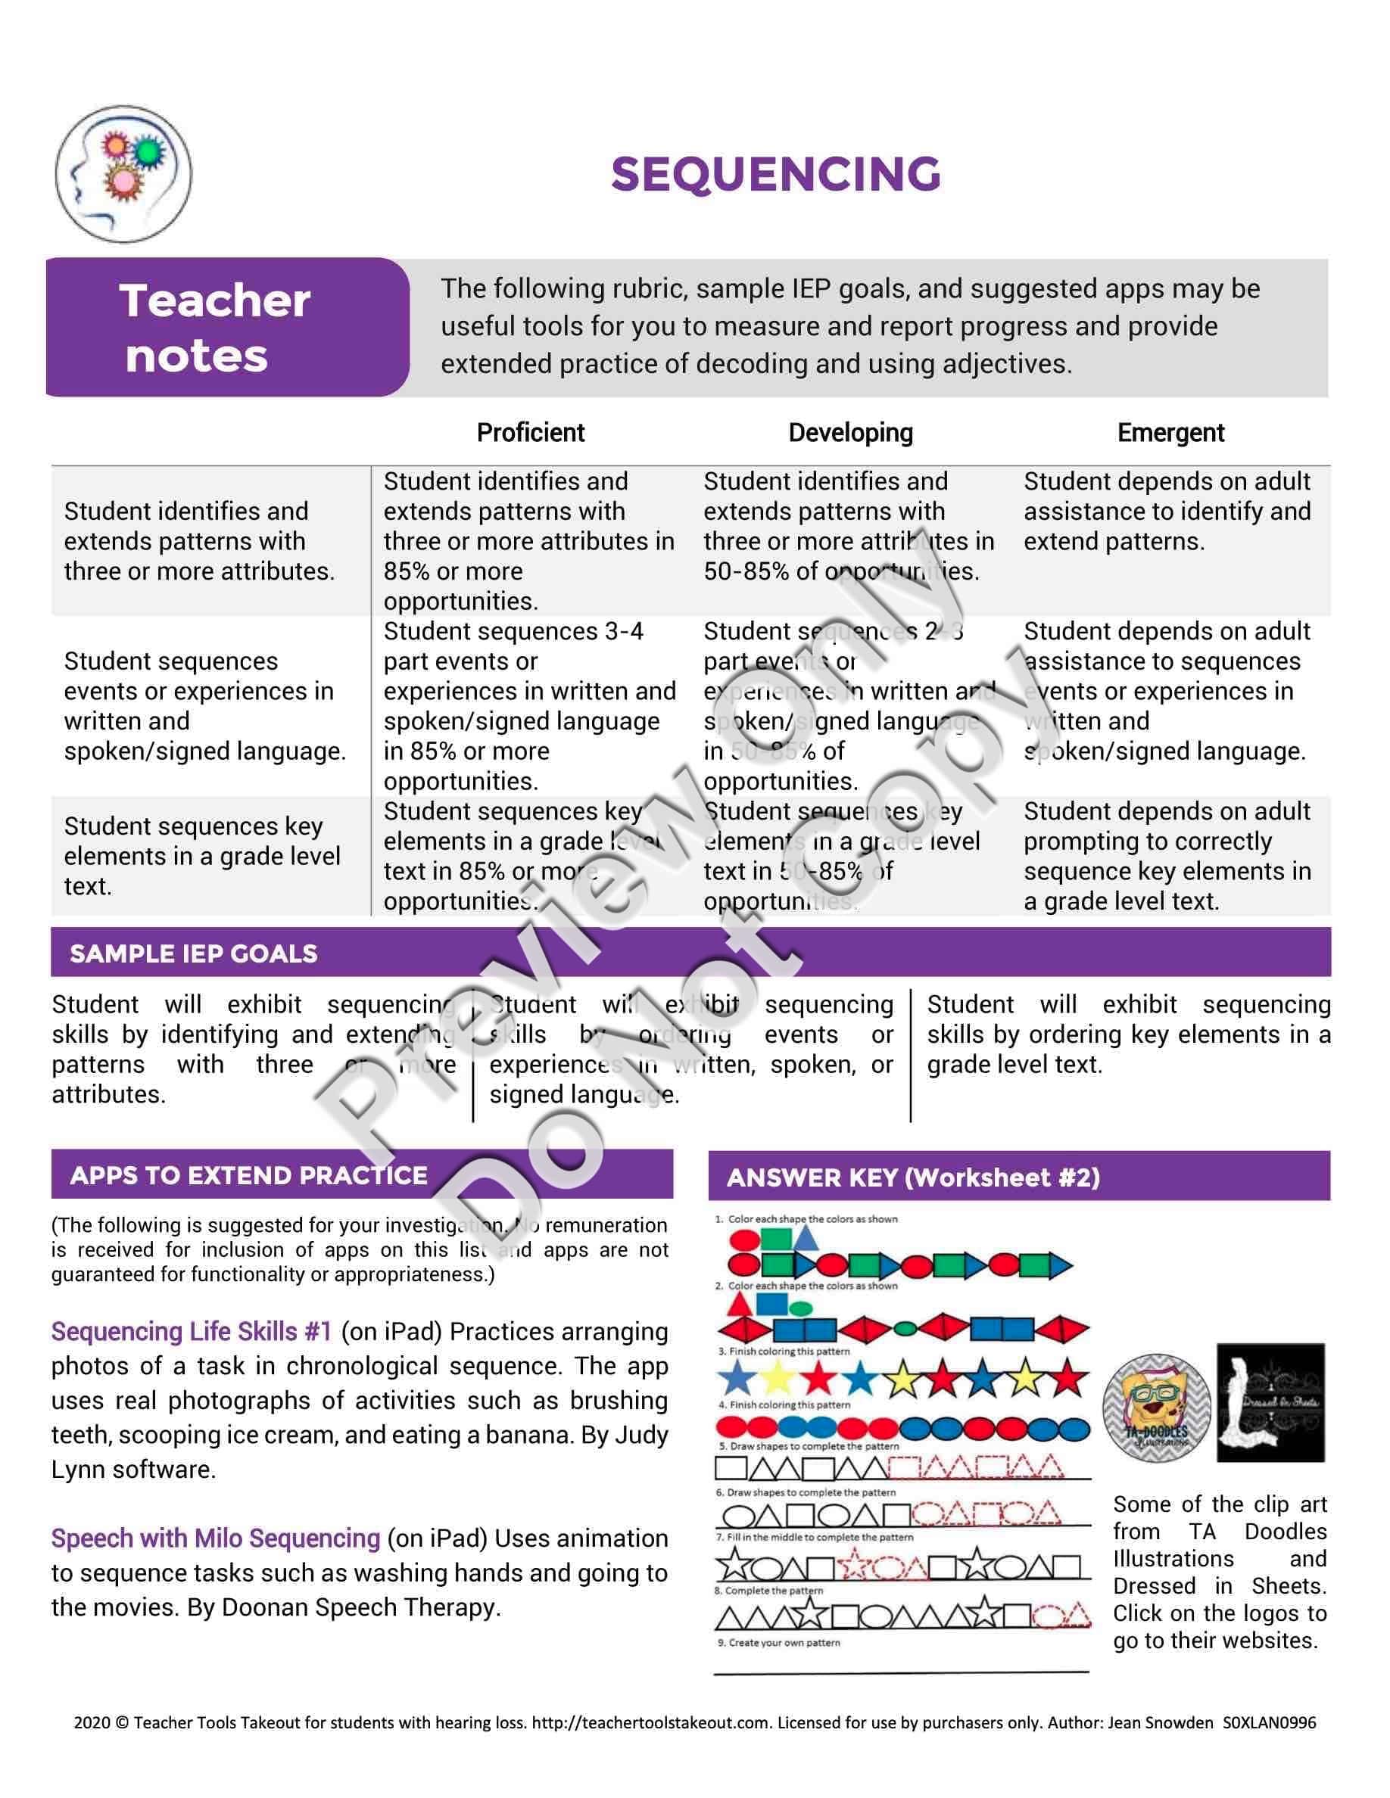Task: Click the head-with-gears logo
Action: coord(123,175)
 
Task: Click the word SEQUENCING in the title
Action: coord(776,175)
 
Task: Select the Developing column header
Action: coord(851,433)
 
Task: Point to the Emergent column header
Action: coord(1170,433)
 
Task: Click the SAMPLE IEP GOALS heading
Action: coord(194,953)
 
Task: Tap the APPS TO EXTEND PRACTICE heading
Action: coord(248,1174)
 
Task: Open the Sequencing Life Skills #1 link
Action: coord(191,1331)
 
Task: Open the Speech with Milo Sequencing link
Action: coord(216,1538)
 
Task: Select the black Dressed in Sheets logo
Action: coord(1270,1402)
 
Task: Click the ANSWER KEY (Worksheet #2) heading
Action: coord(913,1177)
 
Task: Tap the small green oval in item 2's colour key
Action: coord(799,1308)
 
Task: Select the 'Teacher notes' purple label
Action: coord(216,328)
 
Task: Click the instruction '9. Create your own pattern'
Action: coord(778,1642)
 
